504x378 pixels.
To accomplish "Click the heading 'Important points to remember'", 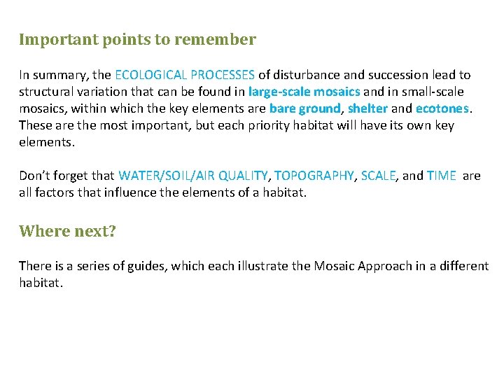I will coord(137,39).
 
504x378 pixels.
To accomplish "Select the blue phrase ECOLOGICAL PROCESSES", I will coord(185,75).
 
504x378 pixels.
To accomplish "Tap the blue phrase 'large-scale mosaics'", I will coord(304,92).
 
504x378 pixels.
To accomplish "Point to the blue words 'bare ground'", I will coord(304,108).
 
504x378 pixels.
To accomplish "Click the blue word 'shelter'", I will coord(367,108).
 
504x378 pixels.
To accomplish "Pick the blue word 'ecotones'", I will coord(442,108).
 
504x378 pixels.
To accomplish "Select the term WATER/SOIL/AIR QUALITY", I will coord(193,176).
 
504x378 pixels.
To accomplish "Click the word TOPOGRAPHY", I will coord(314,176).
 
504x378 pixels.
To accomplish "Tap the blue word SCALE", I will coord(378,176).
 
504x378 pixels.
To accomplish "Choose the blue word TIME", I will coord(441,176).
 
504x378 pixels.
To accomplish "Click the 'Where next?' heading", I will coord(67,231).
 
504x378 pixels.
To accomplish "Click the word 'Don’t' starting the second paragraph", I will coord(33,176).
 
